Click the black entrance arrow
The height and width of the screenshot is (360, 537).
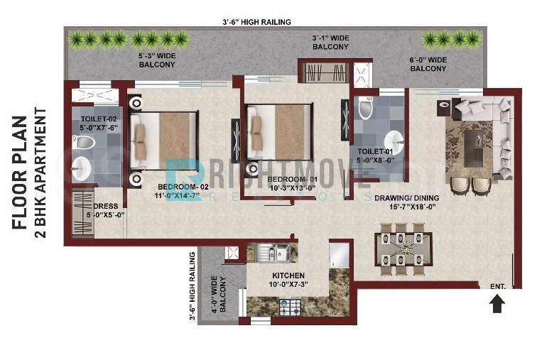pos(497,304)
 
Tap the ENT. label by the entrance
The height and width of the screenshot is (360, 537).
pos(498,287)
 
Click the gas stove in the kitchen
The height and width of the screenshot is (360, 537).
pos(290,307)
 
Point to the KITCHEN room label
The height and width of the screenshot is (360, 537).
pos(288,276)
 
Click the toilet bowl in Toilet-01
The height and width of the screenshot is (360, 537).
pos(365,108)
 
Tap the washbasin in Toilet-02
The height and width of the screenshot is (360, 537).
pos(81,169)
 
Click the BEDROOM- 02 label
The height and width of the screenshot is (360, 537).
pos(183,187)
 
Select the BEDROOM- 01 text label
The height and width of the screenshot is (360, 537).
pos(293,180)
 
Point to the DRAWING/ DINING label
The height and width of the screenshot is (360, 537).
pos(407,198)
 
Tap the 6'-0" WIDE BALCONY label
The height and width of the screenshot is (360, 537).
pos(428,65)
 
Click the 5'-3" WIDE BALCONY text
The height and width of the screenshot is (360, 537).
pos(157,60)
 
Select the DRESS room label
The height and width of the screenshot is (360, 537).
pos(106,207)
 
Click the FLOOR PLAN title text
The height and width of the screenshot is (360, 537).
pos(19,173)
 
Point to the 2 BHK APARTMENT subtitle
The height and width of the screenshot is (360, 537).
pos(40,173)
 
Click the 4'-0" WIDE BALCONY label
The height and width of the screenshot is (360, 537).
pos(218,294)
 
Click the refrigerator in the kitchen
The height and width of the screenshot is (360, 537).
pos(339,256)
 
